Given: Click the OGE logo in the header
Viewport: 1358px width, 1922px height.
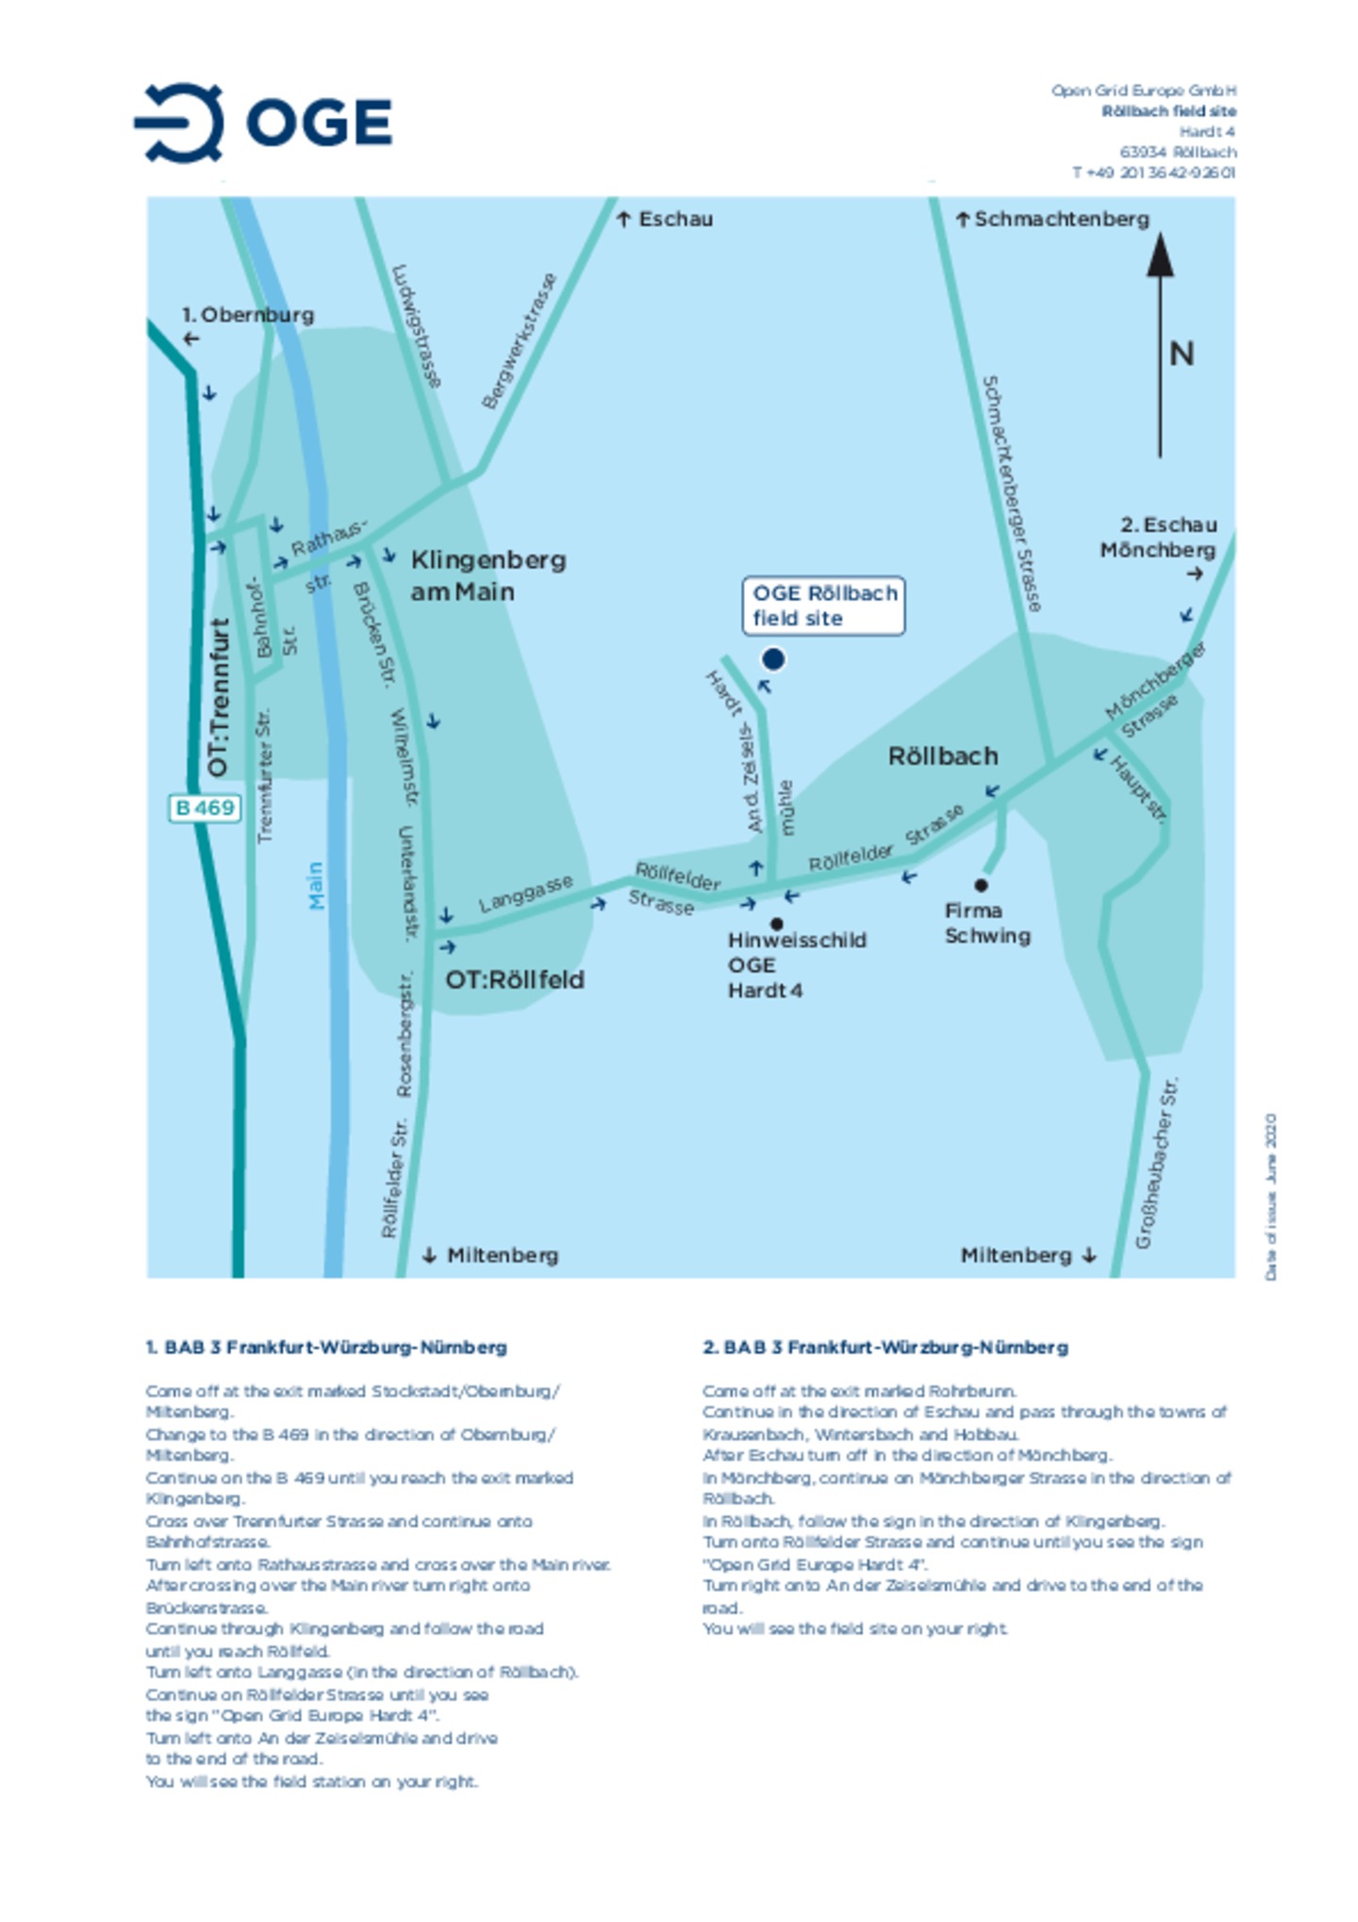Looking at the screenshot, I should [x=263, y=123].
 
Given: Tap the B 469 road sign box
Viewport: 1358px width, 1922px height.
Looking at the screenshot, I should [x=204, y=808].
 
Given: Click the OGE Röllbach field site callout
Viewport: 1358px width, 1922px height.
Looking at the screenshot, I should [x=823, y=605].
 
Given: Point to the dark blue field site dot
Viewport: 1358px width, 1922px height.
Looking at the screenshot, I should [x=772, y=659].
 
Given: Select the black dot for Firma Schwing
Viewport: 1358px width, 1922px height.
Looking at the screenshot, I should [x=981, y=885].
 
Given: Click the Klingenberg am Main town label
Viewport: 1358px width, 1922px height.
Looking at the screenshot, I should [x=488, y=575].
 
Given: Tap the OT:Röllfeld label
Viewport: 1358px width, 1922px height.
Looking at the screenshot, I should [x=515, y=980].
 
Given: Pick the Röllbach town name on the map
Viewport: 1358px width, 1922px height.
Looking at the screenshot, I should [x=942, y=756].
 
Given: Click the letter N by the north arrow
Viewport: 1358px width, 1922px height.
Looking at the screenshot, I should [x=1181, y=354].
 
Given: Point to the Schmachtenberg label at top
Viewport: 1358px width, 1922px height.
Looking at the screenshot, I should [x=1061, y=220].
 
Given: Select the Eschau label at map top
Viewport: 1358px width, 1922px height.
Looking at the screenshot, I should [x=675, y=220].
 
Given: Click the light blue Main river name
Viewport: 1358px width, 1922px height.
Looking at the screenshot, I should [x=316, y=886].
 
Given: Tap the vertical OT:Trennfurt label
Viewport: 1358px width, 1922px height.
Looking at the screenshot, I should [x=219, y=697].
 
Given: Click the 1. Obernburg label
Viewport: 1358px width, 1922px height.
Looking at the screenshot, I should [x=247, y=315].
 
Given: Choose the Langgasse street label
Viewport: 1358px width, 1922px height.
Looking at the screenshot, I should [x=525, y=894].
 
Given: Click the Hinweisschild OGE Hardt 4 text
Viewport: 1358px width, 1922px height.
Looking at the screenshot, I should [x=795, y=965].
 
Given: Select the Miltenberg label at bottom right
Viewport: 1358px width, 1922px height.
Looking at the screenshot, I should [x=1016, y=1255].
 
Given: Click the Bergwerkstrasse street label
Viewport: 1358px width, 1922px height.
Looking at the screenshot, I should [x=519, y=340].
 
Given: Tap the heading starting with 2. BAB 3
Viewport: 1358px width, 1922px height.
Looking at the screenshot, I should [x=885, y=1347].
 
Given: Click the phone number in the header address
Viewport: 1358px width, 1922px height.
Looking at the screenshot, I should [x=1152, y=173].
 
